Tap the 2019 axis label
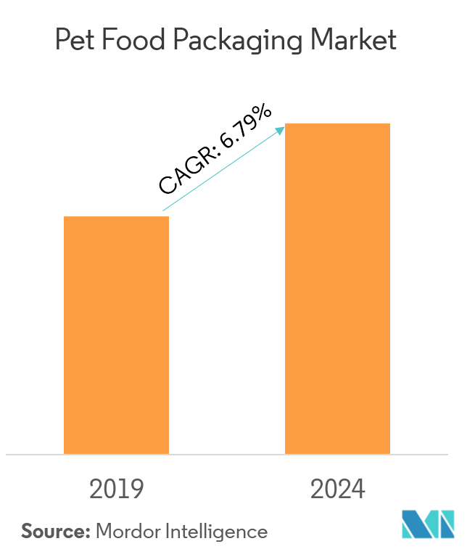(x=116, y=489)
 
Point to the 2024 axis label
(x=338, y=489)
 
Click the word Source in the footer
(x=53, y=531)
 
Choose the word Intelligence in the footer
(x=217, y=532)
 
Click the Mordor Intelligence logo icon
(x=428, y=525)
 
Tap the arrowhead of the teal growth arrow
(x=281, y=130)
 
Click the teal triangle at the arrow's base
(x=176, y=208)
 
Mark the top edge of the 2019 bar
(x=116, y=217)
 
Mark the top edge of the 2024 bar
(x=337, y=124)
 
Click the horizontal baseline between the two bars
(x=227, y=455)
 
